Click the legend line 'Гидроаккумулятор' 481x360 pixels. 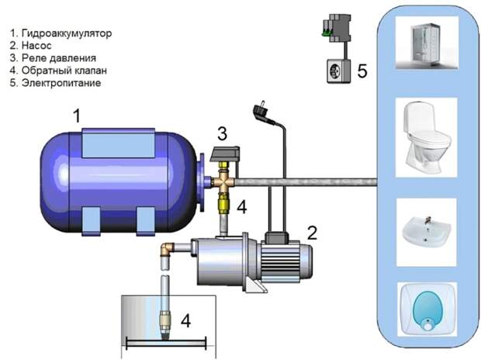61,33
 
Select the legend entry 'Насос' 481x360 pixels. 30,46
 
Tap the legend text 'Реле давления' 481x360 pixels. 53,58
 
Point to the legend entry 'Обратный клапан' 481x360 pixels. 58,71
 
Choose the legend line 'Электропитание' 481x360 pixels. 55,83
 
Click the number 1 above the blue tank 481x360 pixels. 76,116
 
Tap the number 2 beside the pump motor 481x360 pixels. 313,233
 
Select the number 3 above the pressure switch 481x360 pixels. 223,133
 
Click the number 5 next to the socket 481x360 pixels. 362,71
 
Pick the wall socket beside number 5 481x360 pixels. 338,71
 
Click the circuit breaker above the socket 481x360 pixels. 337,28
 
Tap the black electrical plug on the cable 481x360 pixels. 261,112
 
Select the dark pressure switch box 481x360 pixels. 225,154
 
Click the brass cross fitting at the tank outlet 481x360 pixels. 224,182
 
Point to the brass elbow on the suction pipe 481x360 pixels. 168,249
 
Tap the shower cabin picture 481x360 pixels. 427,43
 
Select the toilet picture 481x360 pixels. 426,137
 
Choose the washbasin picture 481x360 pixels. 427,232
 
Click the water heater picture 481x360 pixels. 427,310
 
